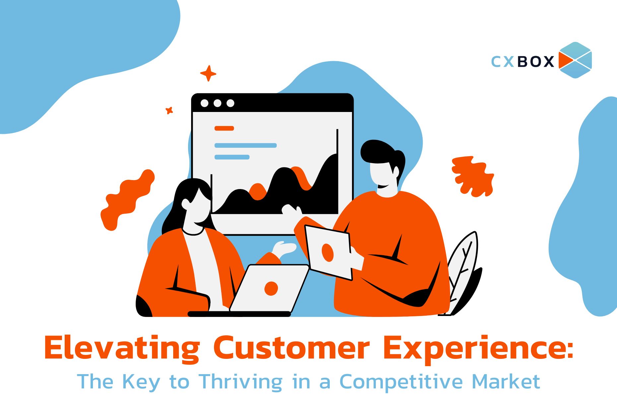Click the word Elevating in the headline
pos(122,349)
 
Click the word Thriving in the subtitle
pos(241,382)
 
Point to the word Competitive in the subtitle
pos(401,382)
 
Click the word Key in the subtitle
pos(141,382)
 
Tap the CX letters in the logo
pos(503,61)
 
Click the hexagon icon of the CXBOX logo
pos(575,60)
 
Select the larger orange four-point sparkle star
pos(208,73)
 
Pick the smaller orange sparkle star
pos(169,111)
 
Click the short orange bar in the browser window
pos(224,128)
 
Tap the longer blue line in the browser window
pos(245,145)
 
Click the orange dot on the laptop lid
pos(271,288)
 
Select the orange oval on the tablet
pos(327,253)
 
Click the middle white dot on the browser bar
pos(217,103)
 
